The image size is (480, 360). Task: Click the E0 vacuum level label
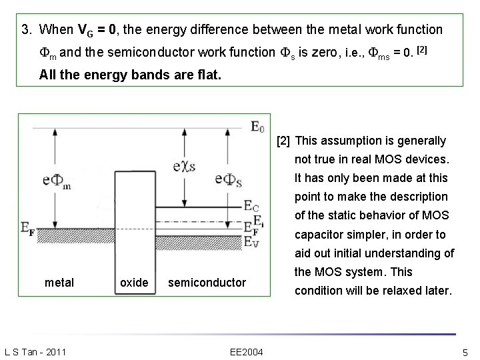257,127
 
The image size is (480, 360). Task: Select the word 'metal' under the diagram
59,283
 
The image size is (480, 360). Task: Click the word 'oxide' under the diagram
134,283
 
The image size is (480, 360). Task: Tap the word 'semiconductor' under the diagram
207,283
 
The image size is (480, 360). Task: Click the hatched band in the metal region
67,241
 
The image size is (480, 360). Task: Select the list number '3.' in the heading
27,30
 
